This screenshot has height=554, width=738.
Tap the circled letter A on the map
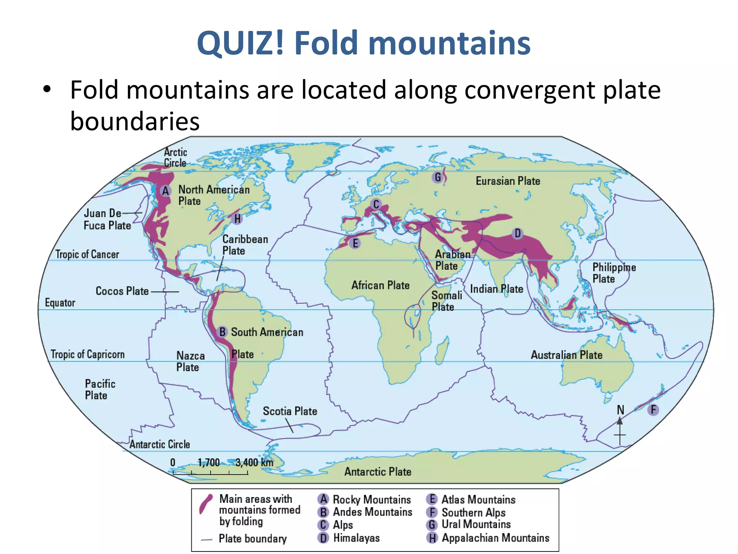coord(165,191)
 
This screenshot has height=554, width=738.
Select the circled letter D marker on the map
coord(517,233)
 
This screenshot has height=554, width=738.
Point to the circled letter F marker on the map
coord(653,410)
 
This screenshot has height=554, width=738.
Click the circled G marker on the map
coord(438,177)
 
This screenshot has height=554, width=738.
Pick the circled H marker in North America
coord(237,219)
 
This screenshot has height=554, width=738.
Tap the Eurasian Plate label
coord(508,181)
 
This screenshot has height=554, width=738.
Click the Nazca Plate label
coord(190,361)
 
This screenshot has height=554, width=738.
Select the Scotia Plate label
coord(290,411)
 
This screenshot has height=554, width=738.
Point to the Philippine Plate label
coord(614,273)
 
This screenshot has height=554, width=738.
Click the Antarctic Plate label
coord(378,471)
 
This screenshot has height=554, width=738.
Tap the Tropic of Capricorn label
coord(88,354)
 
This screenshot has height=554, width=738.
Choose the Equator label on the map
coord(60,303)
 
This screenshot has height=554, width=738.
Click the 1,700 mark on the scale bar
coord(209,462)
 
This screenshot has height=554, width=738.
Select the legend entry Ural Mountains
coord(476,524)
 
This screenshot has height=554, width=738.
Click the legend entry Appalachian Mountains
coord(495,538)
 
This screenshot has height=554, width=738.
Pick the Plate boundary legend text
coord(253,538)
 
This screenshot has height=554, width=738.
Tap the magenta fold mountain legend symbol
coord(206,504)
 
